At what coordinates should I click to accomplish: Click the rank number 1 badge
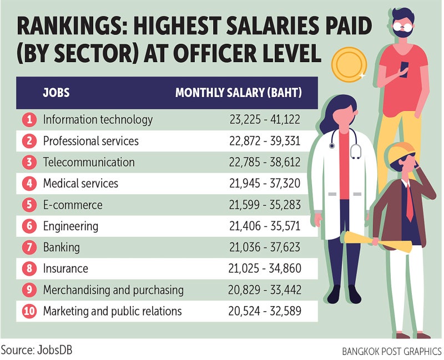pyautogui.click(x=29, y=119)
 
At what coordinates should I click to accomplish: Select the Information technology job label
pyautogui.click(x=98, y=119)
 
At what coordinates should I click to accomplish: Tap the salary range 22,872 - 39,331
pyautogui.click(x=265, y=141)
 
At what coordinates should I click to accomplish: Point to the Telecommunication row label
pyautogui.click(x=89, y=163)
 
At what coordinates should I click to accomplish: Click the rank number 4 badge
pyautogui.click(x=29, y=184)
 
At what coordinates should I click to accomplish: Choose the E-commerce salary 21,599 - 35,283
pyautogui.click(x=265, y=205)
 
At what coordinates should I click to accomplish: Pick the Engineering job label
pyautogui.click(x=70, y=226)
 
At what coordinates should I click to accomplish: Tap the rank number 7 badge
pyautogui.click(x=29, y=247)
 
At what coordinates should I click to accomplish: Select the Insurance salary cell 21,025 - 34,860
pyautogui.click(x=265, y=268)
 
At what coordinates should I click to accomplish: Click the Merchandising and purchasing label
pyautogui.click(x=113, y=290)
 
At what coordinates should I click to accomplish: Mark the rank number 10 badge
pyautogui.click(x=29, y=311)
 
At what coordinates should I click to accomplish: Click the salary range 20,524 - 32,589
pyautogui.click(x=265, y=311)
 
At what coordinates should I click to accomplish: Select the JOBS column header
pyautogui.click(x=57, y=93)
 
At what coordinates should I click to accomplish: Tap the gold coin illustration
pyautogui.click(x=348, y=64)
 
